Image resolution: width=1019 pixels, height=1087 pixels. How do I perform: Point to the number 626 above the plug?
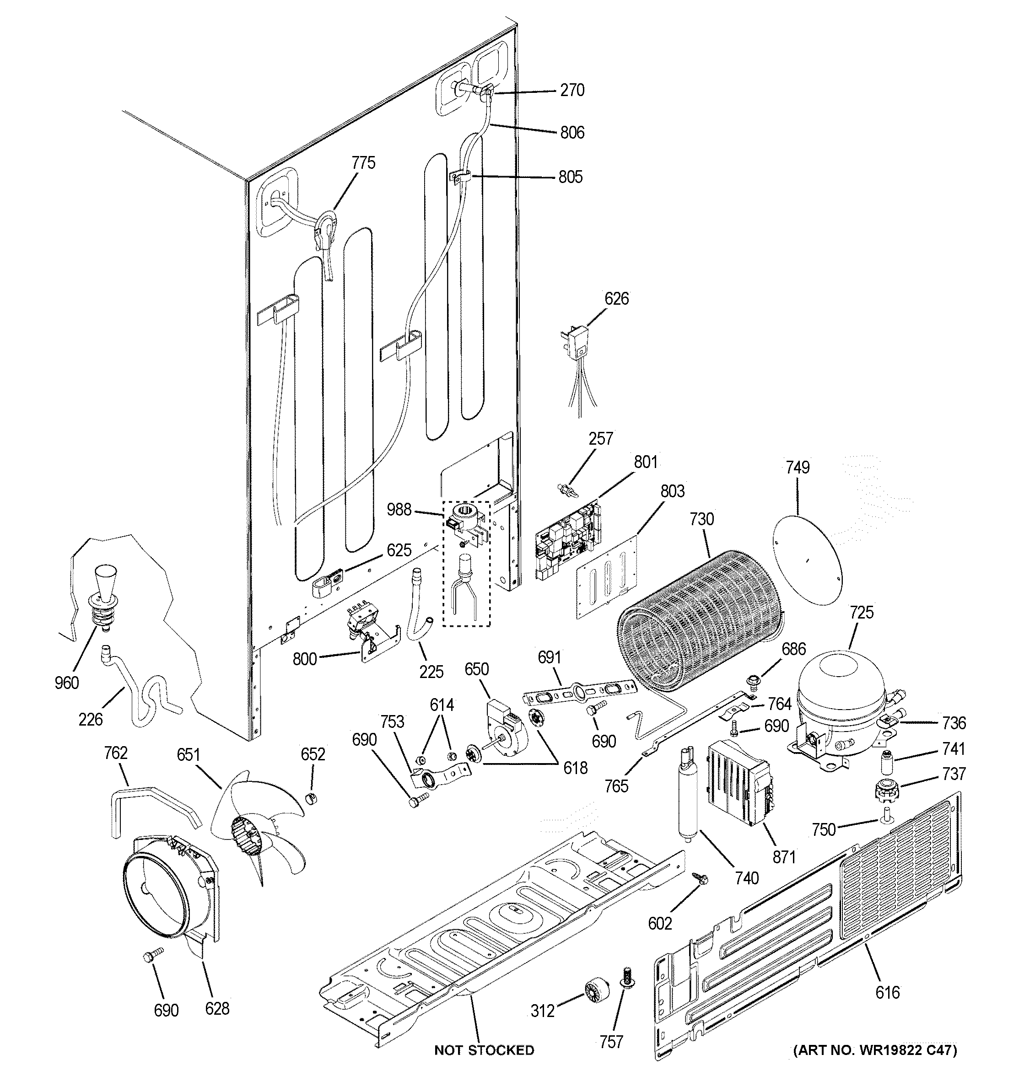click(x=616, y=299)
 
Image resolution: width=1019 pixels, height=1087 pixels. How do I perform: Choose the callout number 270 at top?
click(x=572, y=90)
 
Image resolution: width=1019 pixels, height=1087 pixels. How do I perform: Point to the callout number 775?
click(x=363, y=162)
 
